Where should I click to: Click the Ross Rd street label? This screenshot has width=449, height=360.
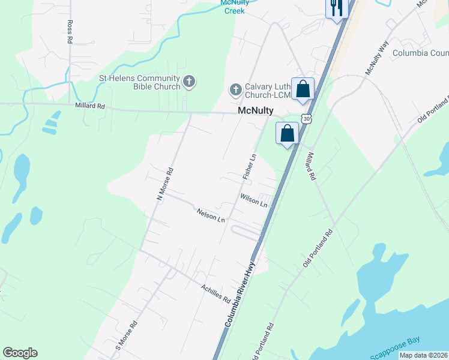pyautogui.click(x=70, y=31)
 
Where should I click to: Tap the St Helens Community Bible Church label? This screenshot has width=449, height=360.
pyautogui.click(x=139, y=82)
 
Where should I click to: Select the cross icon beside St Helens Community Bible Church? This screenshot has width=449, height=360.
pyautogui.click(x=189, y=82)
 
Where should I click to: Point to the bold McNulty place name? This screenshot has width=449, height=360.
pyautogui.click(x=256, y=111)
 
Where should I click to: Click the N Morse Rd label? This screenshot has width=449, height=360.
pyautogui.click(x=164, y=184)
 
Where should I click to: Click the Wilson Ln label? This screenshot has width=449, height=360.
pyautogui.click(x=253, y=199)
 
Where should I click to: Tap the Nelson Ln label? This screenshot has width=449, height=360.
pyautogui.click(x=211, y=215)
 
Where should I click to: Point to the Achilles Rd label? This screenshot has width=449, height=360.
pyautogui.click(x=216, y=293)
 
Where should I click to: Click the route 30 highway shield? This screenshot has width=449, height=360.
pyautogui.click(x=307, y=119)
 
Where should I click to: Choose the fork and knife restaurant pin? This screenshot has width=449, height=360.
pyautogui.click(x=337, y=8)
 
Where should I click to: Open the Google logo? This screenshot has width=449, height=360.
pyautogui.click(x=20, y=353)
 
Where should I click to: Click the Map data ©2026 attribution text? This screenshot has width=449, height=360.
pyautogui.click(x=424, y=355)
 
